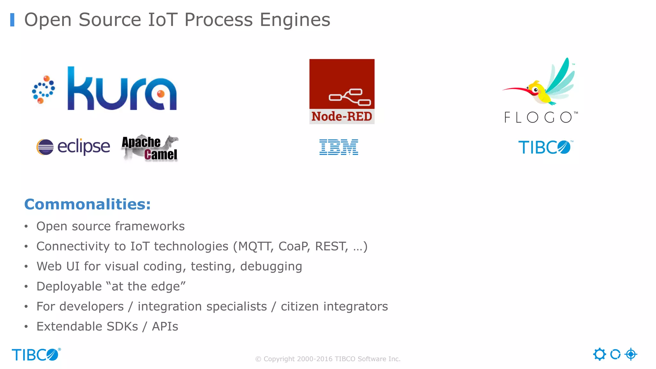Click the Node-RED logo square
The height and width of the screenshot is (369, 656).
click(x=342, y=91)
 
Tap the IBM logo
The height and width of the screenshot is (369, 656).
click(x=339, y=147)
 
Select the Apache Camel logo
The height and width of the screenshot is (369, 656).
click(x=150, y=148)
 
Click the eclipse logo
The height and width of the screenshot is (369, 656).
click(x=73, y=147)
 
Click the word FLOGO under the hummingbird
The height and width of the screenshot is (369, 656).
click(x=540, y=117)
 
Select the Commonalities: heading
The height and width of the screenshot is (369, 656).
click(x=87, y=204)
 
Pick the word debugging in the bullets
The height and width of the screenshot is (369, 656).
click(x=271, y=266)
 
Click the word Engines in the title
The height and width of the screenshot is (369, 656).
click(x=295, y=20)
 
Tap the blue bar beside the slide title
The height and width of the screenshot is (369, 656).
click(x=12, y=20)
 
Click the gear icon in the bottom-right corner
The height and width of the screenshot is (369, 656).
click(x=599, y=354)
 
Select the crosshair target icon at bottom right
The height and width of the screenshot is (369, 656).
click(x=631, y=354)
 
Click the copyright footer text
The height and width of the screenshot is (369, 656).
click(x=328, y=359)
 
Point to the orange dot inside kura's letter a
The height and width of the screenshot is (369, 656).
click(x=161, y=94)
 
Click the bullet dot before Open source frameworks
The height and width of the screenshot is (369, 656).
click(x=26, y=226)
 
